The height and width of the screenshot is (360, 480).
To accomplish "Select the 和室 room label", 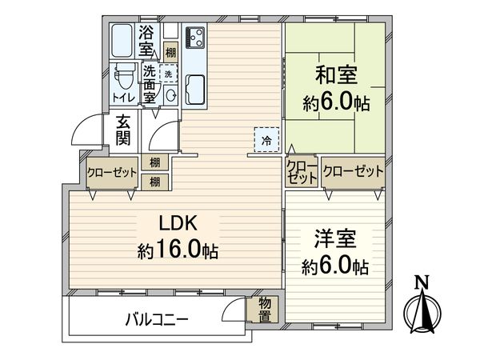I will pyautogui.click(x=335, y=76).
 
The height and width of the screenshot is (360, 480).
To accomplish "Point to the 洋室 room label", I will pyautogui.click(x=334, y=238).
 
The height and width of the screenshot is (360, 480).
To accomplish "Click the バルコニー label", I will pyautogui.click(x=157, y=319).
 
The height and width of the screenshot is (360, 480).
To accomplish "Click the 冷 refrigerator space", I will pyautogui.click(x=267, y=139).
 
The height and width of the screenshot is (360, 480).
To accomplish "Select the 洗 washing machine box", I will pyautogui.click(x=168, y=73).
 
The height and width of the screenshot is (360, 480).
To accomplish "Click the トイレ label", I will pyautogui.click(x=123, y=98).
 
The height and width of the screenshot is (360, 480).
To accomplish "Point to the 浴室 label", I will pyautogui.click(x=146, y=41).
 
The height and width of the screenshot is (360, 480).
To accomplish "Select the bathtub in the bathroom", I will pyautogui.click(x=123, y=40).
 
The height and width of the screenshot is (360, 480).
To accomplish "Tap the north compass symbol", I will pyautogui.click(x=422, y=309).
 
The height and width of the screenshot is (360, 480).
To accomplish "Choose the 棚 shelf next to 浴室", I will pyautogui.click(x=170, y=52).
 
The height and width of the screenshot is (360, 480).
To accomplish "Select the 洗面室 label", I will pyautogui.click(x=149, y=83).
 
